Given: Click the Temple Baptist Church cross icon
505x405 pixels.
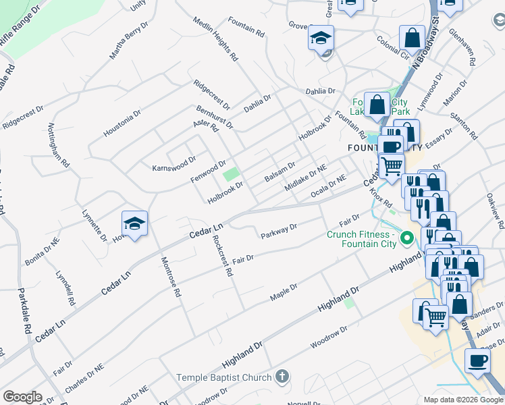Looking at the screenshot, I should click(x=283, y=377).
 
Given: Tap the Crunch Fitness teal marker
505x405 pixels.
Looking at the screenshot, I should click(x=406, y=238).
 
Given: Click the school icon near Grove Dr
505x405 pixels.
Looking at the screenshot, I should click(x=321, y=38).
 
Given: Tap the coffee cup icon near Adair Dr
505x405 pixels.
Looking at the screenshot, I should click(x=478, y=360).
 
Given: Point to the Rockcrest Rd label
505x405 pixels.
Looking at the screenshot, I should click(x=223, y=256).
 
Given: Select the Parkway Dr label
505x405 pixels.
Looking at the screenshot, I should click(x=279, y=232).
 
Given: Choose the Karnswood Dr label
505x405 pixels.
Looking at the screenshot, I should click(x=174, y=163).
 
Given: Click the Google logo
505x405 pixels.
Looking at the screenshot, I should click(x=22, y=397).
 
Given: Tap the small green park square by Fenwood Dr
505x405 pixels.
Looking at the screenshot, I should click(x=232, y=175).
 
